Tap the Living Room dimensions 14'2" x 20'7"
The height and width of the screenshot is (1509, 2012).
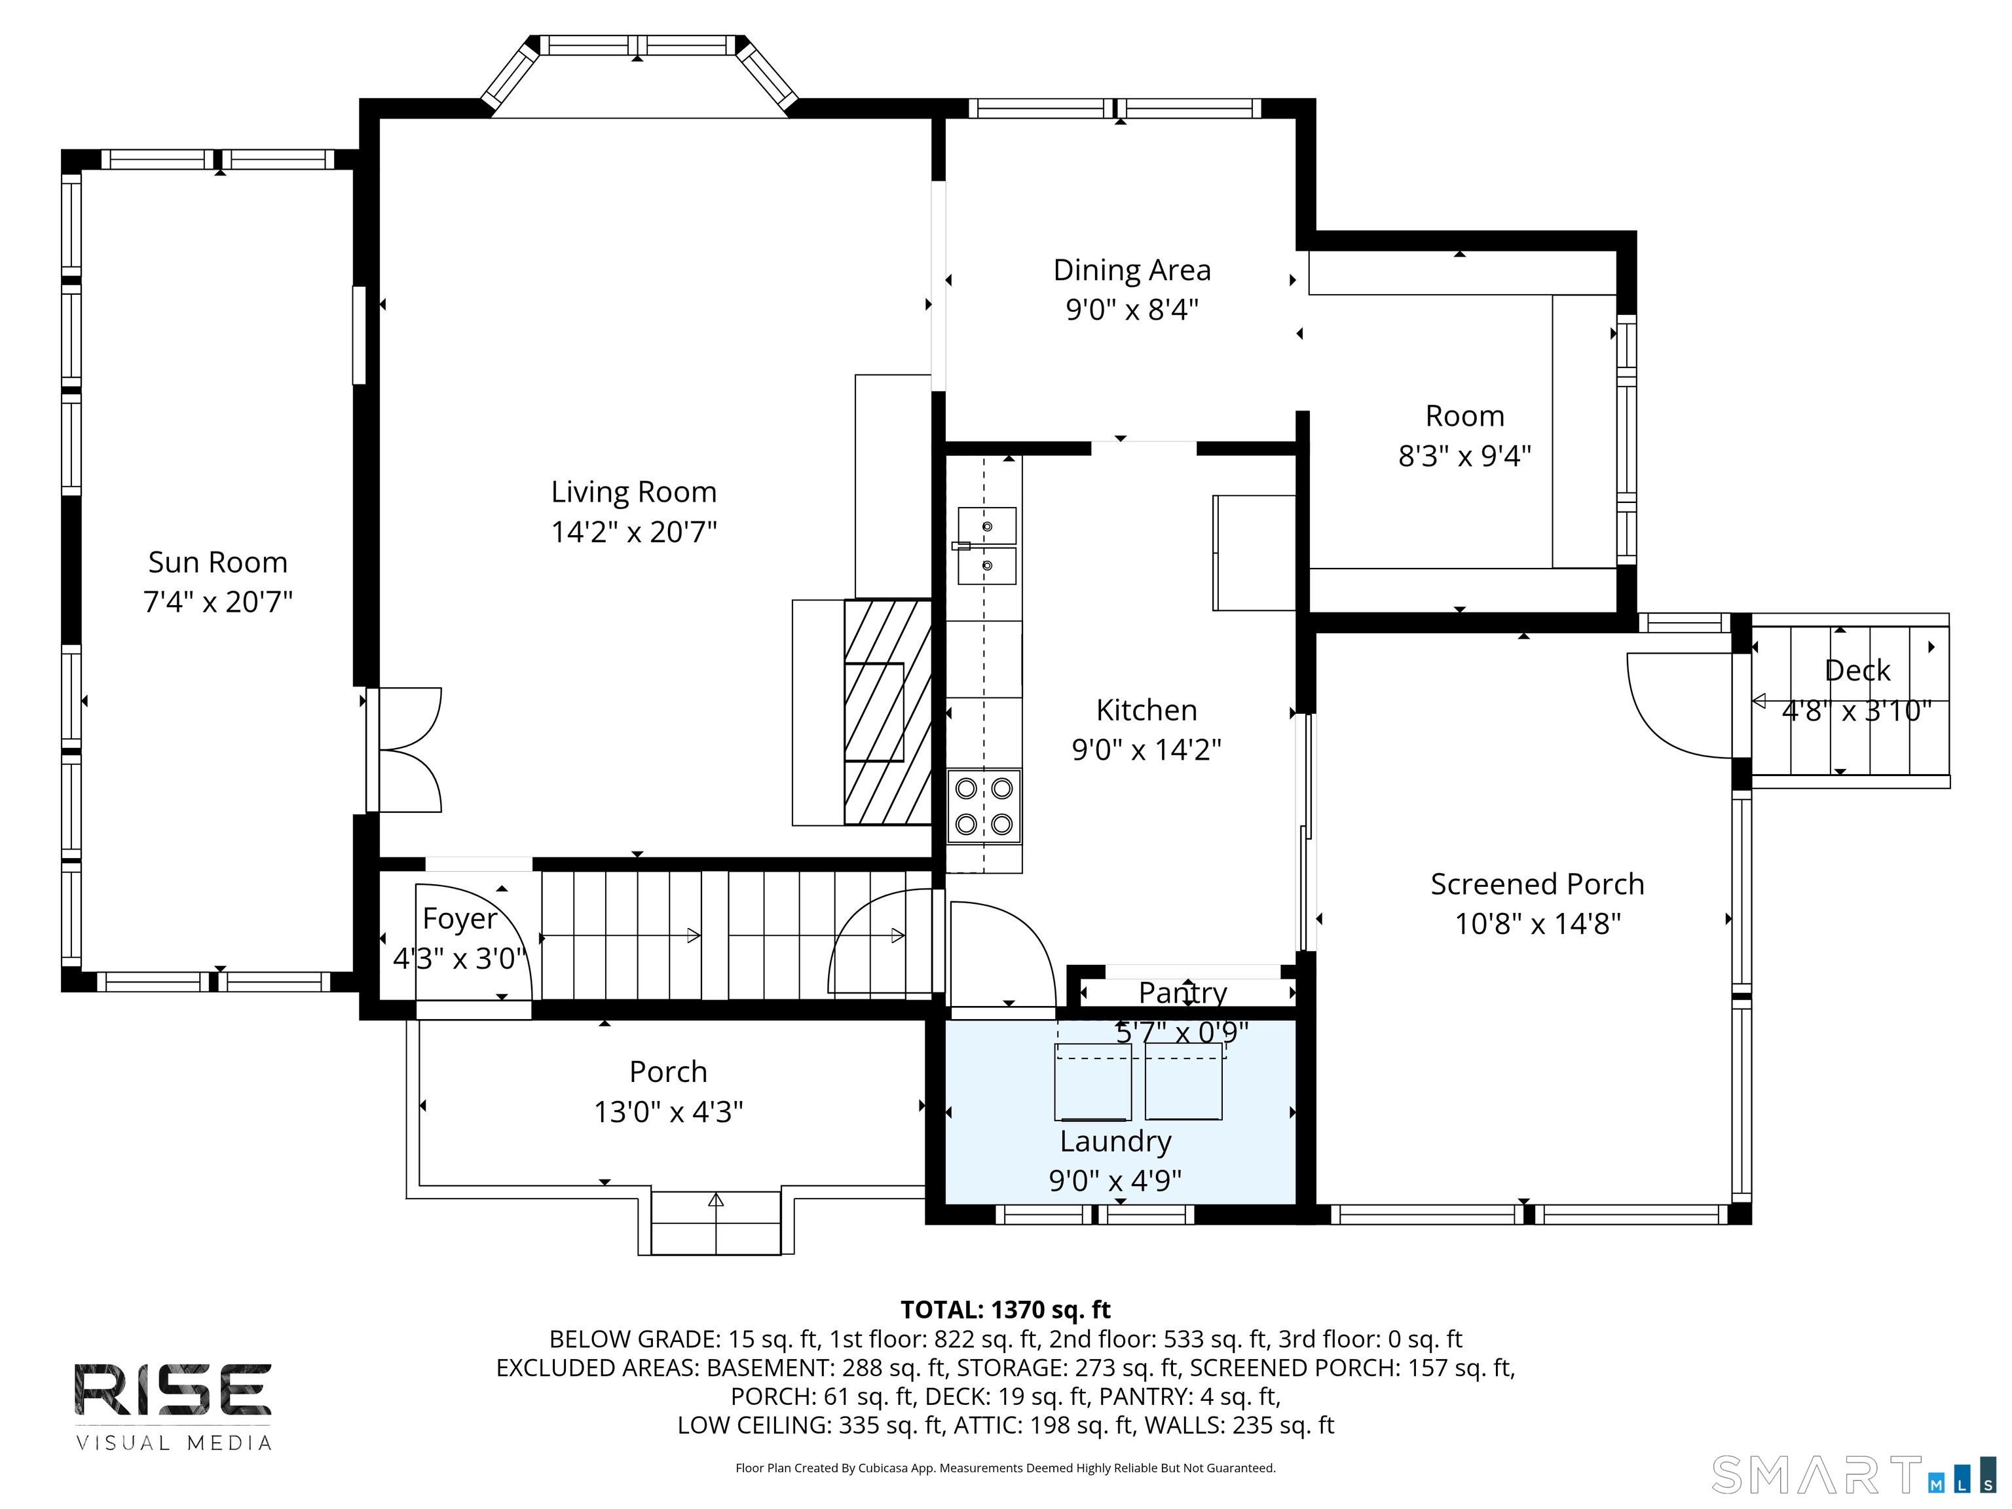(x=634, y=531)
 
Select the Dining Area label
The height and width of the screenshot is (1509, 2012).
(x=1132, y=270)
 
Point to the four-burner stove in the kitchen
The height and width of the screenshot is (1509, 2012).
(x=984, y=806)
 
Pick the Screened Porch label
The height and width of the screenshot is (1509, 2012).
(x=1537, y=884)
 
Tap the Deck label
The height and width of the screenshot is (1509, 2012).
(x=1857, y=671)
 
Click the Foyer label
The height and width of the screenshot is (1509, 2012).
(x=460, y=919)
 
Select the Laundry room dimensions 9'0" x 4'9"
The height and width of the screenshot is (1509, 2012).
(x=1115, y=1181)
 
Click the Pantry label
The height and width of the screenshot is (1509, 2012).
(x=1182, y=992)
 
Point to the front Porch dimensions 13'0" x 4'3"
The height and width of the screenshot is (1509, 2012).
(x=669, y=1111)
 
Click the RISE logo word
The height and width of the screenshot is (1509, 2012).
(x=173, y=1389)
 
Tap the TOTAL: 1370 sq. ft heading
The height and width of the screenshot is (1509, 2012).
(x=1005, y=1310)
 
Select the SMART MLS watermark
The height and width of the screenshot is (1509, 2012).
(x=1854, y=1476)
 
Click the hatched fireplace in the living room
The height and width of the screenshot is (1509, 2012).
(x=887, y=712)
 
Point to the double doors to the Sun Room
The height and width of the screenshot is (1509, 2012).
(x=404, y=749)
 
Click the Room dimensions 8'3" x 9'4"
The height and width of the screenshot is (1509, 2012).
(x=1464, y=456)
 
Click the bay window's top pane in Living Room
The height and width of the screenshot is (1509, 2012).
(x=639, y=45)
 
